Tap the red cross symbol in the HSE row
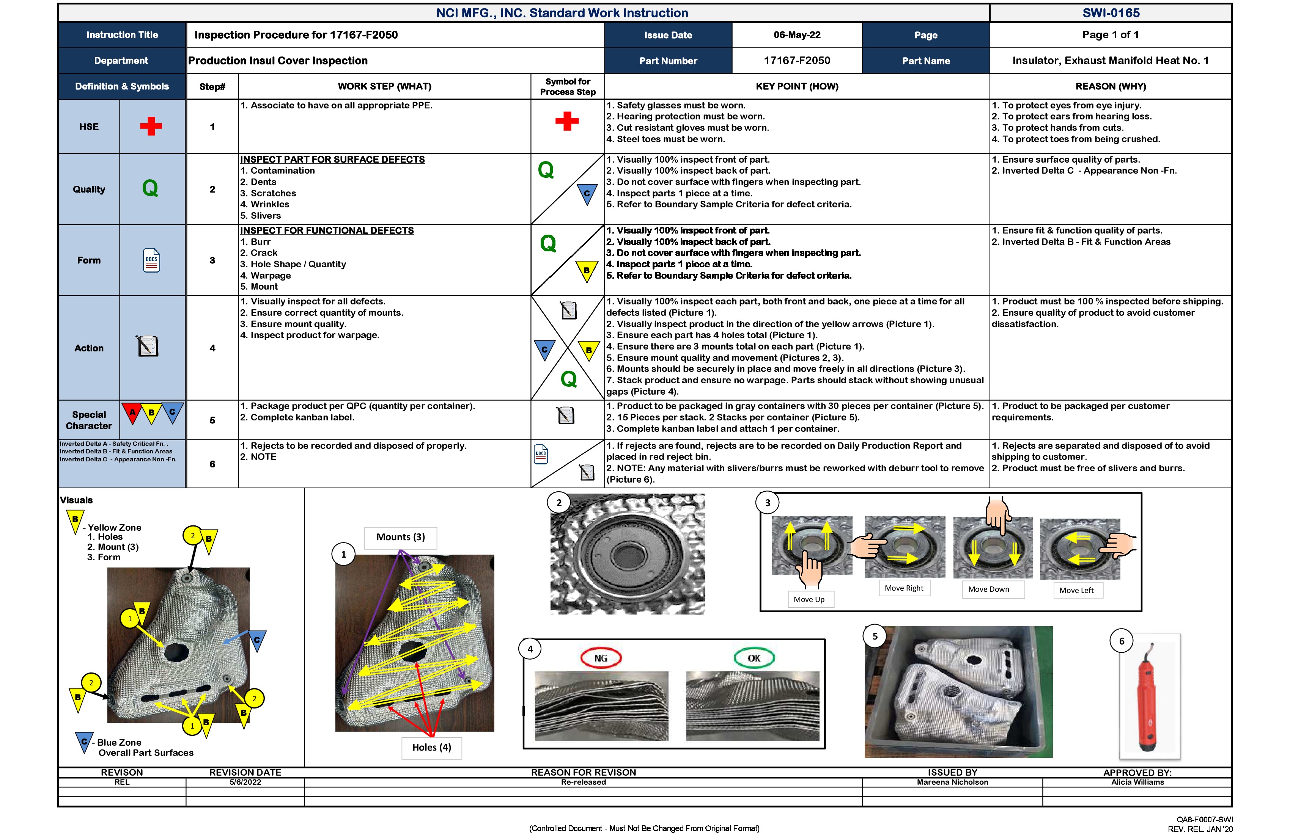tap(151, 126)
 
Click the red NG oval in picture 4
tap(601, 658)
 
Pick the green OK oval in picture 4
tap(754, 658)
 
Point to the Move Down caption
tap(989, 589)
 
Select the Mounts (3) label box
tap(401, 537)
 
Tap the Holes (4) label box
tap(431, 747)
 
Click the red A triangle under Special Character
tap(132, 413)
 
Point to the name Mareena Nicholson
tap(952, 782)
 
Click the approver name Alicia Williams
tap(1137, 782)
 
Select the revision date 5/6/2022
tap(245, 782)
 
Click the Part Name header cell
tap(926, 61)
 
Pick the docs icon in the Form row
tap(151, 260)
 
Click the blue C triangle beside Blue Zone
tap(83, 742)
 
